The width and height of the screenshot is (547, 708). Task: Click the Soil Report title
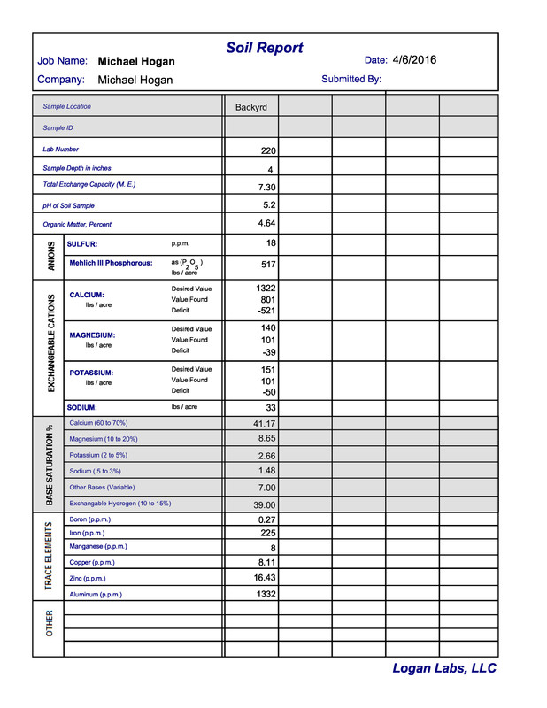[264, 48]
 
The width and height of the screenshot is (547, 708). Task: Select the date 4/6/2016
[414, 60]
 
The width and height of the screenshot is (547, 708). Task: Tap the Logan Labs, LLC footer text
[444, 669]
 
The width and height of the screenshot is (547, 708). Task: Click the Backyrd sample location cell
[250, 107]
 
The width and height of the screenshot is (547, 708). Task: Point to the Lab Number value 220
[268, 151]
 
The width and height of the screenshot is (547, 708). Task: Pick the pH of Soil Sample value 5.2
[269, 204]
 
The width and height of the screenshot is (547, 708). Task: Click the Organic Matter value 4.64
[266, 223]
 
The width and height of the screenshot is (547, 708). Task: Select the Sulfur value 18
[271, 242]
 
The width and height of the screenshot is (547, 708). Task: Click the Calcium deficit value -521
[265, 311]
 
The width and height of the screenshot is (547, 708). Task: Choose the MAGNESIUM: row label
[92, 335]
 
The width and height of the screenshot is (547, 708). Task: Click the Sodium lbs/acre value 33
[271, 408]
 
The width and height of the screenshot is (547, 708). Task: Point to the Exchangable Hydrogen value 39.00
[264, 504]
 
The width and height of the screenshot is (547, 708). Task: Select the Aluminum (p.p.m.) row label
[96, 595]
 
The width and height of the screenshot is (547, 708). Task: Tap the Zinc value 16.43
[265, 577]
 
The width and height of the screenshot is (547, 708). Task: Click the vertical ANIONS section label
[50, 256]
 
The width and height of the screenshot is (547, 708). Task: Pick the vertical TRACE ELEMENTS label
[49, 556]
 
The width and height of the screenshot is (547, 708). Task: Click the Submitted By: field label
[351, 79]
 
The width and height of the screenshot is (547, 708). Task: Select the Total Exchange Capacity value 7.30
[266, 188]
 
